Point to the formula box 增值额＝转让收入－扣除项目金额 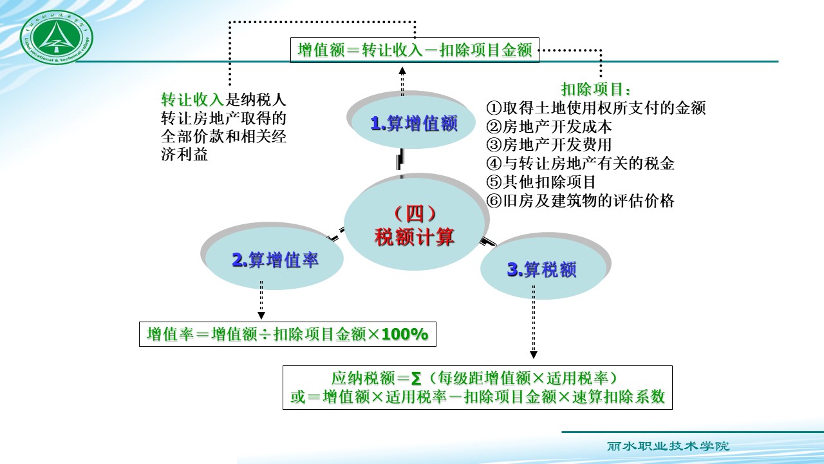coord(415,50)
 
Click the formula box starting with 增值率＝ coord(287,334)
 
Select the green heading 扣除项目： coord(595,89)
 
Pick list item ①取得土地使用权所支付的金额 coord(596,108)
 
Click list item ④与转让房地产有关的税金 coord(581,164)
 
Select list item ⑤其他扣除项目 coord(541,182)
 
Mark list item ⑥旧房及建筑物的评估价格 coord(581,201)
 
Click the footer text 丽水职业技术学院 coord(668,446)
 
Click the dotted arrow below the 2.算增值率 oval coord(261,300)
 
